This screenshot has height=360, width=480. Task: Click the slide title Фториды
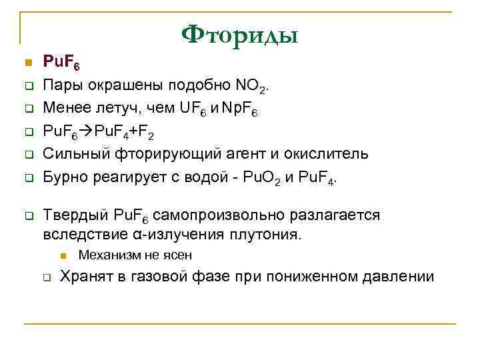click(x=240, y=33)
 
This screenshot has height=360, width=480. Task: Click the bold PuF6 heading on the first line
click(x=61, y=63)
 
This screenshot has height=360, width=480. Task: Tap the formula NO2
click(x=252, y=85)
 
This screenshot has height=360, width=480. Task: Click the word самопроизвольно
click(x=226, y=215)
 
